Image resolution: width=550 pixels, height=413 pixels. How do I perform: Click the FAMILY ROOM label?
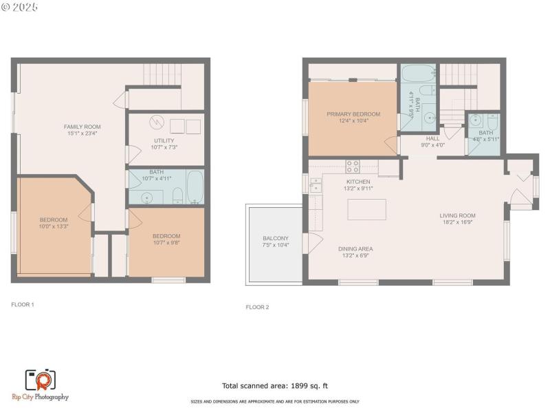pyautogui.click(x=82, y=127)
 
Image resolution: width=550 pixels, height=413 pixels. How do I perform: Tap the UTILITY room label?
pyautogui.click(x=164, y=140)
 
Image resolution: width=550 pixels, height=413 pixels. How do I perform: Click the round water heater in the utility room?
pyautogui.click(x=157, y=123)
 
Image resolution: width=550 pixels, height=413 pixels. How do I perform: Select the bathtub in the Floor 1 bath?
pyautogui.click(x=195, y=187)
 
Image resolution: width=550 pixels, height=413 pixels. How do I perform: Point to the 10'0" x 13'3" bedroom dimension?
pyautogui.click(x=54, y=226)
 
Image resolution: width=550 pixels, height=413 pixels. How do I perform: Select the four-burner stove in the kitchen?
pyautogui.click(x=352, y=166)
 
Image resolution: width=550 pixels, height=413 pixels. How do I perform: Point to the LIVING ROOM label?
pyautogui.click(x=458, y=215)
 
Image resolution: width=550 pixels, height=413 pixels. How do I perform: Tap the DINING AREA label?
pyautogui.click(x=355, y=248)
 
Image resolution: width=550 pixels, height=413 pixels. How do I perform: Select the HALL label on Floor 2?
pyautogui.click(x=432, y=138)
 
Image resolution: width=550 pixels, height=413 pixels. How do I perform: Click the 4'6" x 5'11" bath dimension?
pyautogui.click(x=485, y=139)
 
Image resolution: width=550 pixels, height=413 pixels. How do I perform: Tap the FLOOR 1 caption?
pyautogui.click(x=23, y=304)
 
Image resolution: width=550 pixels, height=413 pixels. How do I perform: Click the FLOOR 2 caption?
pyautogui.click(x=257, y=307)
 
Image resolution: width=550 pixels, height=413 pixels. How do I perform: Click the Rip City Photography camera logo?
pyautogui.click(x=40, y=380)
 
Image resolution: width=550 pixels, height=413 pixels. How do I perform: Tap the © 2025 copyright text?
pyautogui.click(x=20, y=6)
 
